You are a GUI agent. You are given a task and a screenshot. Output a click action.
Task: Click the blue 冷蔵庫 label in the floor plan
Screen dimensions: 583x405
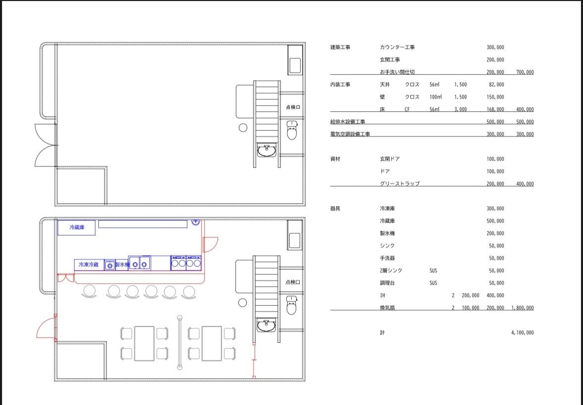77,227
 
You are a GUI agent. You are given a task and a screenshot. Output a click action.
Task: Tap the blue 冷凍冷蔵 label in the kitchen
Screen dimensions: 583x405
89,265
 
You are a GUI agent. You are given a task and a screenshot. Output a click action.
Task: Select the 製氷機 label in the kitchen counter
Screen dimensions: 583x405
122,265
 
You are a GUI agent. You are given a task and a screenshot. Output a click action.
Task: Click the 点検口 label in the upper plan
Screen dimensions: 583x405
293,107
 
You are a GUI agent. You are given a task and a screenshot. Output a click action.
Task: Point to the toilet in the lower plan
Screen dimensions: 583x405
292,305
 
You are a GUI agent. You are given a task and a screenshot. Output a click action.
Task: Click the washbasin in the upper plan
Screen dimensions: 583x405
266,151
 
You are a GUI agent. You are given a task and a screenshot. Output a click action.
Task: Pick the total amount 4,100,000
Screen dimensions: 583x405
522,332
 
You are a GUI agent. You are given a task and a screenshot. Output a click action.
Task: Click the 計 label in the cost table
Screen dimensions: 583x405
382,332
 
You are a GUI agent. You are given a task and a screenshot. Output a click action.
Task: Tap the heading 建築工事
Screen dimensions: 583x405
340,47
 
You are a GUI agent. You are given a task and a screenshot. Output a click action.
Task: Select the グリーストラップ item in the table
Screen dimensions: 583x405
400,183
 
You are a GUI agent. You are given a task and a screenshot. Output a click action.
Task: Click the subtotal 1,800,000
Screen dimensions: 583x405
522,308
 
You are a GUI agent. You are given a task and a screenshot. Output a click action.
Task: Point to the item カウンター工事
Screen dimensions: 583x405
397,47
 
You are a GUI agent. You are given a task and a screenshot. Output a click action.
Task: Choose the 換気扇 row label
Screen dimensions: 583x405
387,308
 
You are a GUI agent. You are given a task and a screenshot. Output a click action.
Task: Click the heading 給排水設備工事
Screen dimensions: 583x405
348,122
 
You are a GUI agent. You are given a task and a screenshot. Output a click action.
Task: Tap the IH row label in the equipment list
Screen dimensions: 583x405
382,295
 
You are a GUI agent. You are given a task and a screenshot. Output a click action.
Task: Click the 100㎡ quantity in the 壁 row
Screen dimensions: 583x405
435,97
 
